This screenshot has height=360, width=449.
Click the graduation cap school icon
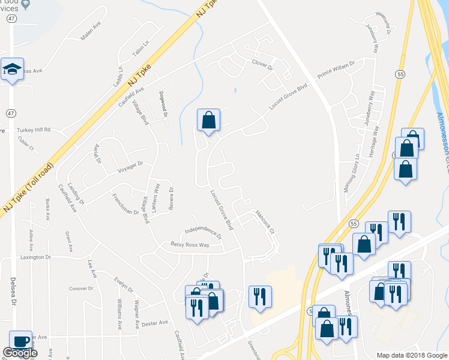click(12, 70)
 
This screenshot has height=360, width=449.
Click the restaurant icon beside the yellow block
click(260, 296)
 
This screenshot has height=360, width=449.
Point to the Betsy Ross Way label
click(190, 245)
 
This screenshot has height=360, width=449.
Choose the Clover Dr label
click(262, 62)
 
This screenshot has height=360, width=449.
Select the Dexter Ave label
click(155, 323)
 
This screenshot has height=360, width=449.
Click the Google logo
click(19, 353)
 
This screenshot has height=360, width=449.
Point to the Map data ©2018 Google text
click(412, 355)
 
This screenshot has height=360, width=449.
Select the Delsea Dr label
click(13, 300)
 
